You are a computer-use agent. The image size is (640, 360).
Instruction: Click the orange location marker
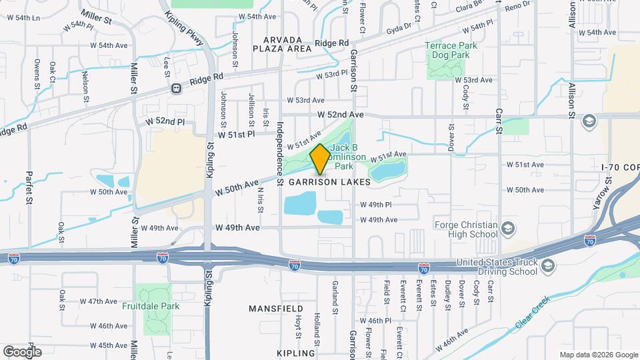click(320, 159)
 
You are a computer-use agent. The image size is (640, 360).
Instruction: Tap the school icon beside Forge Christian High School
click(507, 229)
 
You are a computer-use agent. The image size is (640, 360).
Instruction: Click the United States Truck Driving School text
click(496, 267)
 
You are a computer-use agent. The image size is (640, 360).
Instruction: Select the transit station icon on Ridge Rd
click(176, 88)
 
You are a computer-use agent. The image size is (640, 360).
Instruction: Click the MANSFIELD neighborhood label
click(276, 309)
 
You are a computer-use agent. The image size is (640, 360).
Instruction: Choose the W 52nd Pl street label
click(165, 123)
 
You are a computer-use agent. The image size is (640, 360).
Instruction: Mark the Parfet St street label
click(29, 189)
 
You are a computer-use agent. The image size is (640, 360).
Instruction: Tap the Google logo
click(22, 351)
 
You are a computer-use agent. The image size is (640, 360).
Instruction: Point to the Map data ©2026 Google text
click(598, 355)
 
